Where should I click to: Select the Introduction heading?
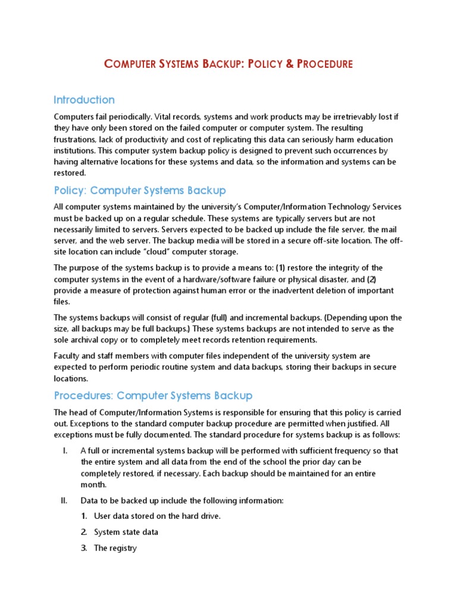(x=84, y=99)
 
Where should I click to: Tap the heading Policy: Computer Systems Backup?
(x=140, y=191)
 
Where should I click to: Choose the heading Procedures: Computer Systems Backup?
(x=153, y=396)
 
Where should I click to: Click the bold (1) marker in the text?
(x=281, y=267)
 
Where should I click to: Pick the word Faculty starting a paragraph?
(x=67, y=356)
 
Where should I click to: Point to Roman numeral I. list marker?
(x=65, y=451)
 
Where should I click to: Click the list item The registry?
(x=115, y=547)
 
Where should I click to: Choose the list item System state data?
(x=126, y=531)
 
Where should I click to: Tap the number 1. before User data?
(x=84, y=516)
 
